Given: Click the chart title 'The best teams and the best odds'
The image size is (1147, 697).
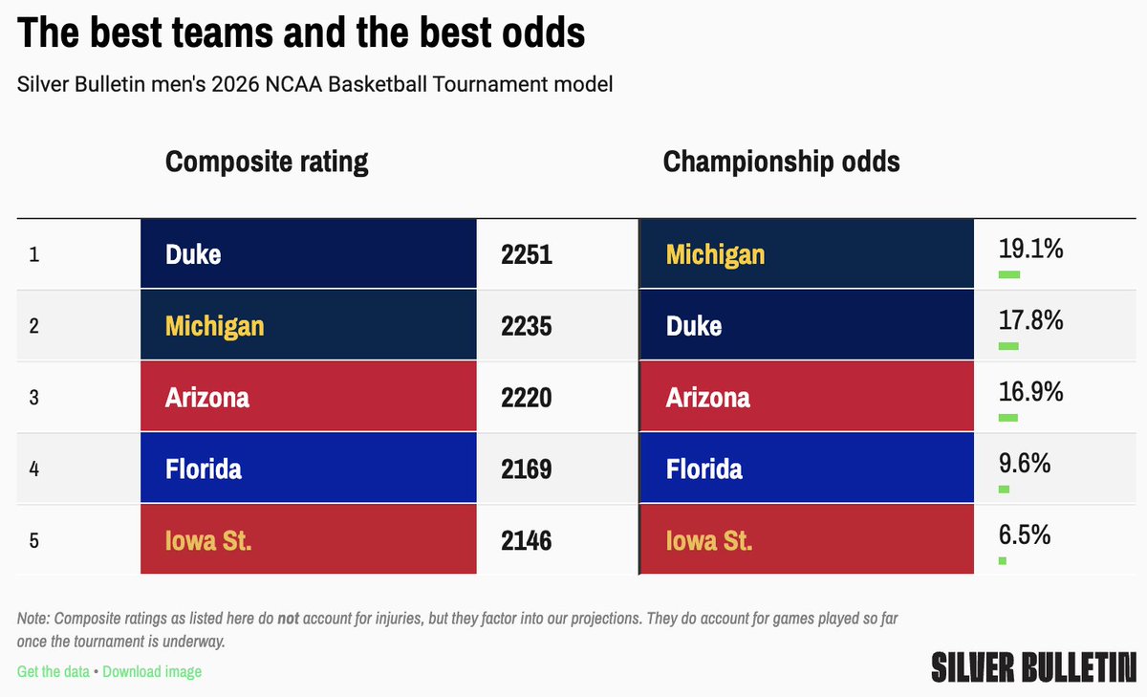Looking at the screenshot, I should pos(301,33).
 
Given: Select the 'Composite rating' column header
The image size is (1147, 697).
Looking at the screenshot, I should pos(267,162).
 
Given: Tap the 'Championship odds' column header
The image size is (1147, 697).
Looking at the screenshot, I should pos(781,162).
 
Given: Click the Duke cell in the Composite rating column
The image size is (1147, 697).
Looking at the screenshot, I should pos(308,254).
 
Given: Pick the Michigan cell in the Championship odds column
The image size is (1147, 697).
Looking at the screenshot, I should pos(806,254).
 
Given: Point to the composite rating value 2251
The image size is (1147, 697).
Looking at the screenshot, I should pos(527,255).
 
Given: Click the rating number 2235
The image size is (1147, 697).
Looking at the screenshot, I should pos(527,326).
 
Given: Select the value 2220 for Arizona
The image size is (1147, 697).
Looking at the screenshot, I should pos(527,397).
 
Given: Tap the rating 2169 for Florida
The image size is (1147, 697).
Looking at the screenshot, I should pos(527,468).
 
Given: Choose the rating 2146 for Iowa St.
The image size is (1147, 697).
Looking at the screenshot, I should pos(527,540).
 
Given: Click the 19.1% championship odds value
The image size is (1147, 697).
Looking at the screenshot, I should pos(1031,250).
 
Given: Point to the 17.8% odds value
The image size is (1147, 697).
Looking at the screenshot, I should pos(1031,320).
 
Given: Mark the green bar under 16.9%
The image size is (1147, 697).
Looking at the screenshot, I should pos(1007,418).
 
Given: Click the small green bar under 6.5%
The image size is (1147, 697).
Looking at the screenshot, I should pos(1002,560).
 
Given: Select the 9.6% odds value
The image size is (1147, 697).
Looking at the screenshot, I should pos(1025,463).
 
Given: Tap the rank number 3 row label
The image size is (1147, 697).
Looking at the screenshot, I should pos(33,397).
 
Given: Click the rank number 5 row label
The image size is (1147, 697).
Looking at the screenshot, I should pos(33,540).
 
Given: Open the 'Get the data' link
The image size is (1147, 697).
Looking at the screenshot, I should pos(53,671).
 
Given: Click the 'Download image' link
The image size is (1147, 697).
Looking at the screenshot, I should pos(152,671).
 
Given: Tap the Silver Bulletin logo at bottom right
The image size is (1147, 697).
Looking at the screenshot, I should pos(1033,665).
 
